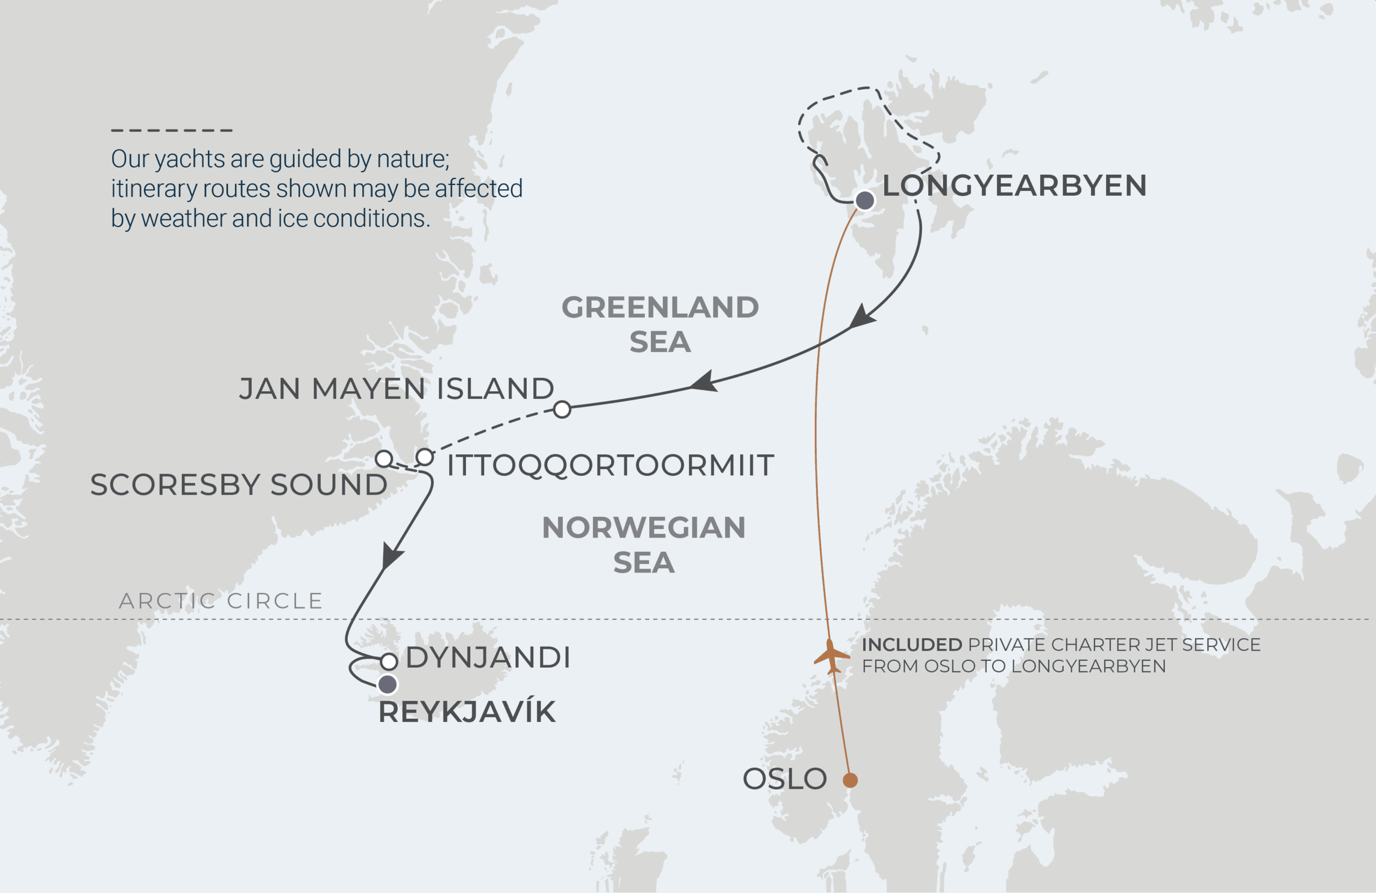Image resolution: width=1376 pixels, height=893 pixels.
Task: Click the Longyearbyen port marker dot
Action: pos(865,201)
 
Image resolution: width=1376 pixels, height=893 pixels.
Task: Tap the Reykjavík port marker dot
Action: pos(388,685)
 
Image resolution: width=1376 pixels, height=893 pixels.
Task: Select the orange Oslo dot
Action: pos(850,780)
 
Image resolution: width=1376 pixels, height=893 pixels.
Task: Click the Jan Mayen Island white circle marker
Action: pos(562,410)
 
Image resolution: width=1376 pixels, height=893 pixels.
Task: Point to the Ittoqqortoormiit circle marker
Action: pos(425,457)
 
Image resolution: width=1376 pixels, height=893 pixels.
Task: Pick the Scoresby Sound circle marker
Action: pos(384,459)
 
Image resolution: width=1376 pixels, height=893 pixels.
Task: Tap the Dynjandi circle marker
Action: pos(389,661)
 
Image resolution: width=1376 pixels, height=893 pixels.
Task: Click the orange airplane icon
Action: pos(832,656)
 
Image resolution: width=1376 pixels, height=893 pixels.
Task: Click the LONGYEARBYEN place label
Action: pos(1014,185)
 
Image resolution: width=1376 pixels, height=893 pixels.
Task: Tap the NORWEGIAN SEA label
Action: pos(643,545)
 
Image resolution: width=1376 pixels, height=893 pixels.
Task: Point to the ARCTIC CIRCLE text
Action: pos(220,601)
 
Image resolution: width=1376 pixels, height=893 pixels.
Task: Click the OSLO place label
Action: pos(785,779)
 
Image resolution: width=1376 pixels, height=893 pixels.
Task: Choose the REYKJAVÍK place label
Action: pos(467,712)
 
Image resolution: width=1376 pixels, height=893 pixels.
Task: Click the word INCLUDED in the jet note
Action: pos(912,645)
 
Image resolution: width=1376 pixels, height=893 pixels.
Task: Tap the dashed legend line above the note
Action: pos(171,130)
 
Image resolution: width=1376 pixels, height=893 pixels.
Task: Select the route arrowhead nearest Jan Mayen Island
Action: pos(705,383)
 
